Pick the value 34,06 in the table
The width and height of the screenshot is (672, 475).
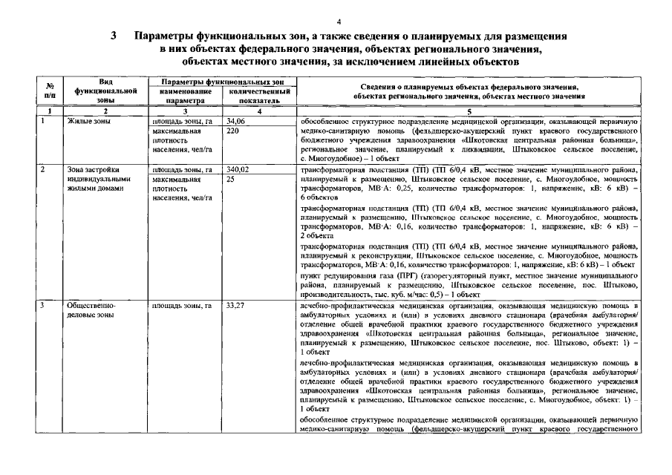[x=236, y=119]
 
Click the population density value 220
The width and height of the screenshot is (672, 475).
[x=232, y=130]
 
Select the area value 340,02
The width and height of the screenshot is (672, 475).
[x=238, y=170]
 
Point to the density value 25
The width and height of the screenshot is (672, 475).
[x=231, y=180]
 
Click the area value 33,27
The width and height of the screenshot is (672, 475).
[x=236, y=305]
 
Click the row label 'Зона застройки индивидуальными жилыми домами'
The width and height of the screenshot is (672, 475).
[x=97, y=179]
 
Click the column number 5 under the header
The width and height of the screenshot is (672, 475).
[x=469, y=111]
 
